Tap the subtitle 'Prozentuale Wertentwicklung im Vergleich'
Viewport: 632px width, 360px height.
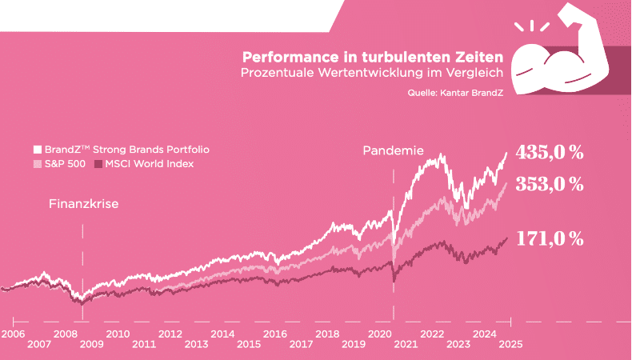click(x=372, y=73)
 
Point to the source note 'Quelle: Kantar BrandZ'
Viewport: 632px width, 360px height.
click(x=454, y=93)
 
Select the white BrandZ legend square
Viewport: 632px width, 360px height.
click(x=37, y=150)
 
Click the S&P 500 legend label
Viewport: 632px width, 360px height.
click(x=65, y=164)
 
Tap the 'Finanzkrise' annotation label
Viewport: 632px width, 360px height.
click(x=83, y=204)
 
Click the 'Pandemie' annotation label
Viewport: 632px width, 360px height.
click(x=393, y=150)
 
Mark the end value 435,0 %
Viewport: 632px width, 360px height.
click(x=550, y=152)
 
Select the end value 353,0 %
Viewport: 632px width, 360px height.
click(x=550, y=184)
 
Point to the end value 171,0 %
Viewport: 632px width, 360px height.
click(x=550, y=238)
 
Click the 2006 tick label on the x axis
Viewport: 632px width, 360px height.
click(x=13, y=334)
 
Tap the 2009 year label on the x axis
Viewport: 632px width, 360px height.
click(x=91, y=345)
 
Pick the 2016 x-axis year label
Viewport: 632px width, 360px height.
click(x=275, y=334)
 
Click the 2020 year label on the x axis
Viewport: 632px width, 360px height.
click(x=379, y=334)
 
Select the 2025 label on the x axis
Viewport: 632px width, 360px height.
click(x=510, y=345)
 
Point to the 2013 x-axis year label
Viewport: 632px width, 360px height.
click(x=196, y=345)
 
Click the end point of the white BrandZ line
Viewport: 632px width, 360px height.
click(x=506, y=153)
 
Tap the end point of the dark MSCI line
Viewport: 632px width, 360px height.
click(x=507, y=238)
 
